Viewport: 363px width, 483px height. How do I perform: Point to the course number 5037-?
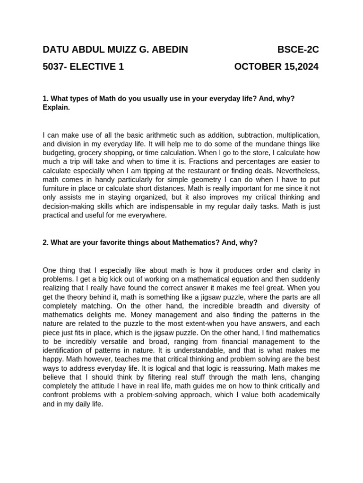[x=56, y=67]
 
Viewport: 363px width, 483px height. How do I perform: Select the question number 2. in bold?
[x=46, y=242]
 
